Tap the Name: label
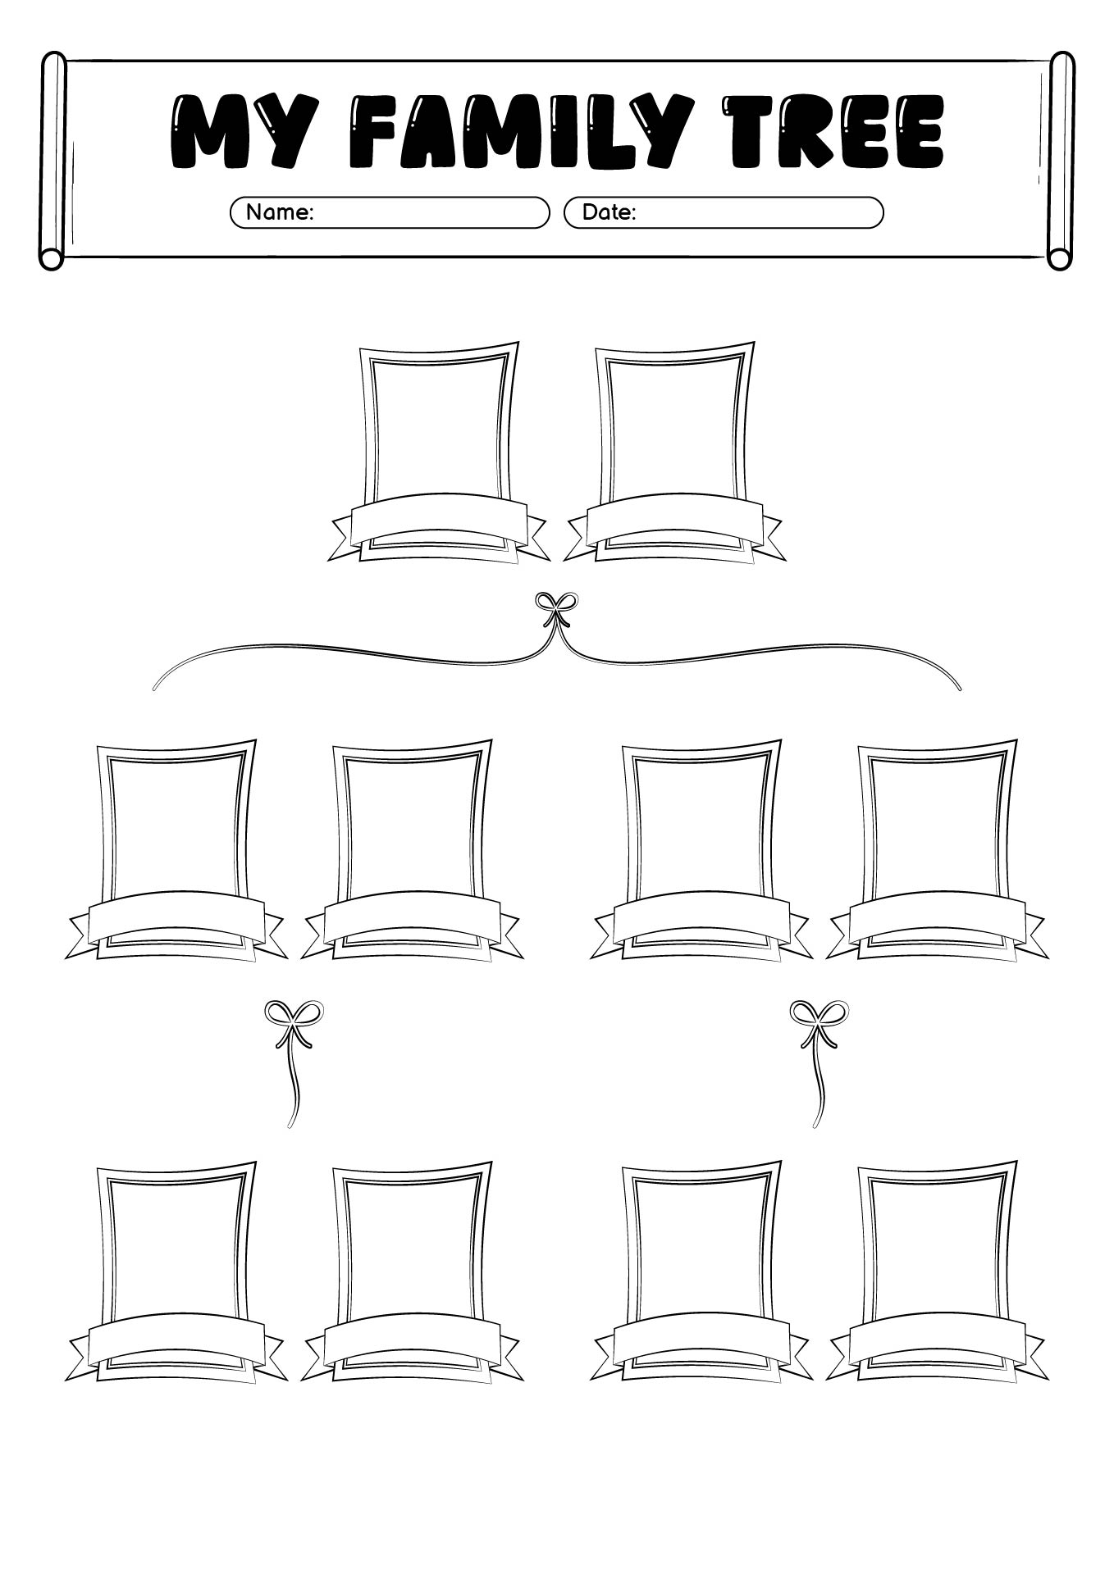click(280, 212)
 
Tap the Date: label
click(609, 212)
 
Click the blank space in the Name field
click(427, 212)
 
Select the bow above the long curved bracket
click(556, 607)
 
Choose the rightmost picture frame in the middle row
click(936, 824)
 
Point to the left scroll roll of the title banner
click(53, 161)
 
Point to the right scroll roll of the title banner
click(1061, 161)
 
